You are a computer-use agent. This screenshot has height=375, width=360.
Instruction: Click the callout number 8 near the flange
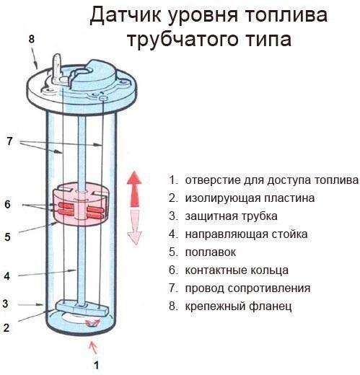[x=31, y=38]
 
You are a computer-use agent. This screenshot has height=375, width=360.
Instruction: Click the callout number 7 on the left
[x=9, y=141]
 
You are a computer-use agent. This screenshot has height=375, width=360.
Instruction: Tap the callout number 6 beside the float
[x=8, y=204]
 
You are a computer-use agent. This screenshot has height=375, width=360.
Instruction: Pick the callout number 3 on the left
[x=5, y=303]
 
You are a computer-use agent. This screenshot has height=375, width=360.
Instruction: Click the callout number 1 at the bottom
[x=96, y=365]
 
